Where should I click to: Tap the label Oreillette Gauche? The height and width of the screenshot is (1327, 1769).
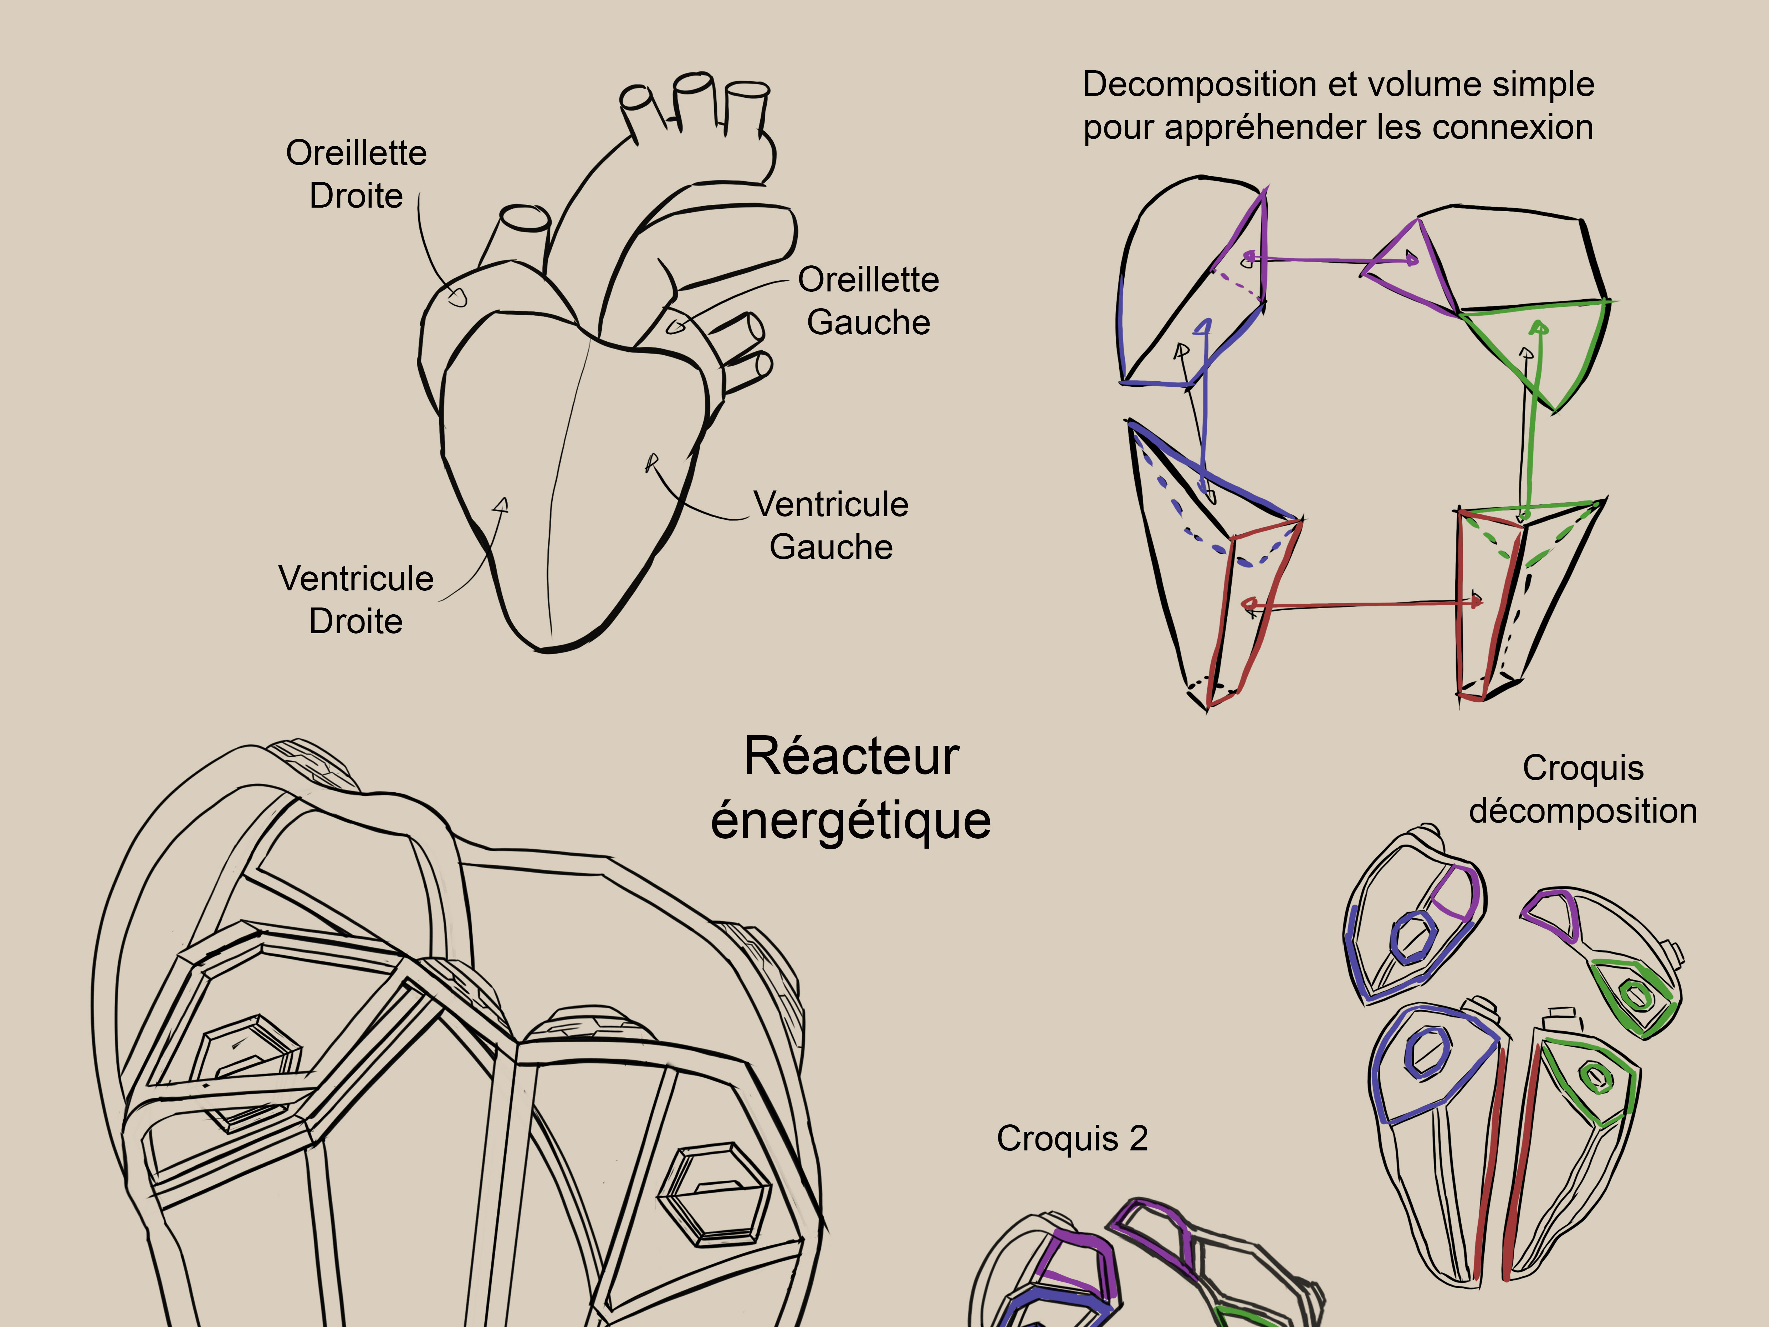point(869,301)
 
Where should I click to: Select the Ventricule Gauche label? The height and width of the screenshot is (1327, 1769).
point(831,525)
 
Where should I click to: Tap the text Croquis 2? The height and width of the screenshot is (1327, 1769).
point(1072,1138)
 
